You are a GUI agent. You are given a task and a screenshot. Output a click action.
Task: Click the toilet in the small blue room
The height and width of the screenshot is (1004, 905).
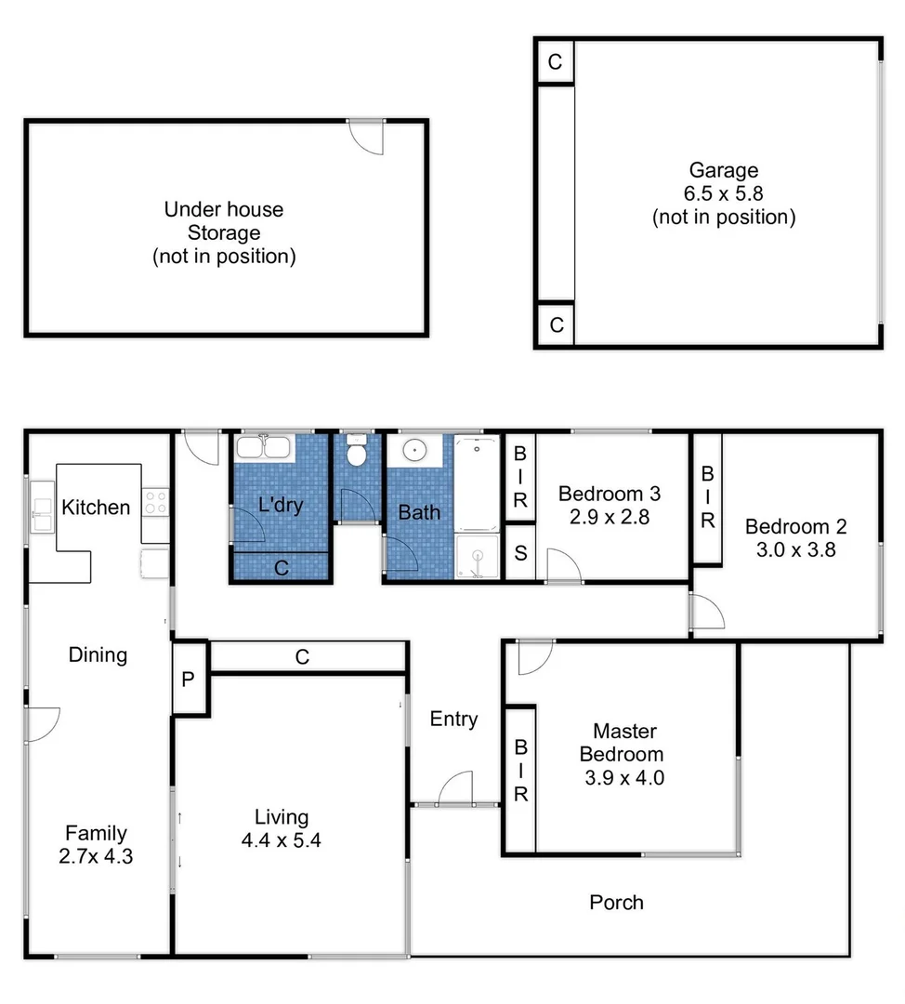[354, 455]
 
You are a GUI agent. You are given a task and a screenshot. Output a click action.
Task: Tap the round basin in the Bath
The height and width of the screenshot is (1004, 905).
[415, 452]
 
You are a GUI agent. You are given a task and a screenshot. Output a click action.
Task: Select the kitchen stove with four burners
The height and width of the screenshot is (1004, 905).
[156, 503]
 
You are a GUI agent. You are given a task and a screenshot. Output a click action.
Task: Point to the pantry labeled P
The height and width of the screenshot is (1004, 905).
[189, 679]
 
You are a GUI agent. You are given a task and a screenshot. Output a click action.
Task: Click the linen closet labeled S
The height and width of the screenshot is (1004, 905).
[520, 553]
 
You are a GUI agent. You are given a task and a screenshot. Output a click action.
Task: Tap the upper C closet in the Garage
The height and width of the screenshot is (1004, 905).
[555, 62]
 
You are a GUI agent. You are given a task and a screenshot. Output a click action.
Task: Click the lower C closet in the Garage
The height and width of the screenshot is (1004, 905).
[556, 325]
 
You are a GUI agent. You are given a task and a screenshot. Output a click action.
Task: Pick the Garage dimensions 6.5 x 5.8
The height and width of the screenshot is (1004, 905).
[723, 194]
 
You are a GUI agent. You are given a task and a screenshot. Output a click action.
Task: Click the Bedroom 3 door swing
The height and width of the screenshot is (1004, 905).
[563, 564]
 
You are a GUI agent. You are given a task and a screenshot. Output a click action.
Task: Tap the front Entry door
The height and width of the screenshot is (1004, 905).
[456, 788]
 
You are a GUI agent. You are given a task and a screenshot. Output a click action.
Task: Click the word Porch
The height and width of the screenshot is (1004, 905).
[616, 902]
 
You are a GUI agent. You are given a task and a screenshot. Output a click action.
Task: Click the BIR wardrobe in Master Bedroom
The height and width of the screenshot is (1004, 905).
[520, 770]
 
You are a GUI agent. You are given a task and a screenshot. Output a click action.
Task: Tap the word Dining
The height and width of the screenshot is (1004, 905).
[98, 654]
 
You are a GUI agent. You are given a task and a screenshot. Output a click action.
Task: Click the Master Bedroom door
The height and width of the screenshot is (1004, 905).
[534, 656]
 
